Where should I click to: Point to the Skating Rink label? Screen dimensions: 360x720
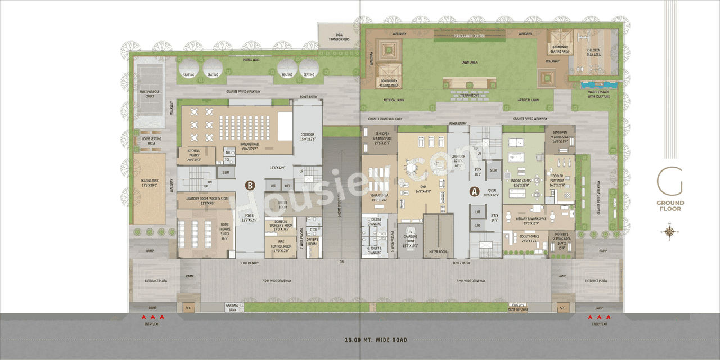pos(149,183)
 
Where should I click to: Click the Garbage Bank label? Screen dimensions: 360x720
pos(232,308)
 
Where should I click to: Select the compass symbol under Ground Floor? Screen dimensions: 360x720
pos(669,231)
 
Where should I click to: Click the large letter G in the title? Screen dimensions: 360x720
pos(670,182)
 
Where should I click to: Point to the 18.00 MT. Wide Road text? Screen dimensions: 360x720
pos(376,340)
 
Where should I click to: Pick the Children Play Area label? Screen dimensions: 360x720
pos(594,52)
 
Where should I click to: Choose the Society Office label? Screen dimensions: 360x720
pos(529,238)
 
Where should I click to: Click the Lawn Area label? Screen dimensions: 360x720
pos(469,62)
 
